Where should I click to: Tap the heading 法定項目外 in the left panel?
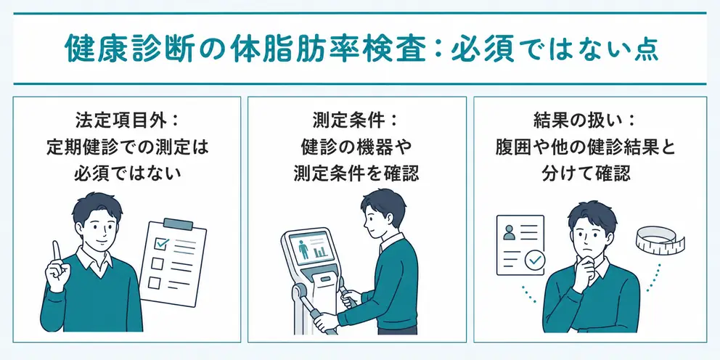(121, 120)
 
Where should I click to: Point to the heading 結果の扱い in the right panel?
(580, 120)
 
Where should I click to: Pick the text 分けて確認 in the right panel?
(586, 172)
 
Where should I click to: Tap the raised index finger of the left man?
(57, 252)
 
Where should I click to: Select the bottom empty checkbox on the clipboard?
(154, 282)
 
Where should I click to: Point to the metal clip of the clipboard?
(178, 224)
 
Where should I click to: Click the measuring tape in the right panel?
(660, 240)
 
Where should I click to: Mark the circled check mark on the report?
(535, 261)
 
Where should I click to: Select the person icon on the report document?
(510, 233)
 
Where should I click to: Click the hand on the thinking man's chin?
(583, 271)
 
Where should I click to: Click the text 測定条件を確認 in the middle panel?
(356, 172)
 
